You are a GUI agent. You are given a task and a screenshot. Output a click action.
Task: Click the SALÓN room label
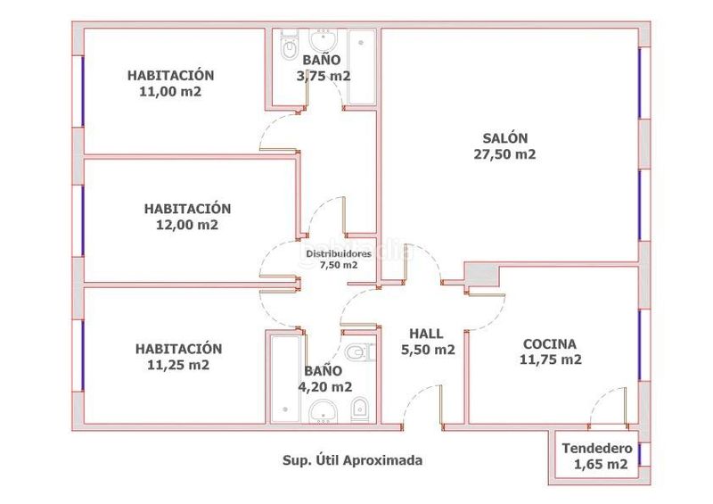[504, 137]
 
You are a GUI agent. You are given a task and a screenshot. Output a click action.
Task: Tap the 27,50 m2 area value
[504, 154]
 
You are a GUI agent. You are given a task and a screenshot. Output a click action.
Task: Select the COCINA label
[550, 343]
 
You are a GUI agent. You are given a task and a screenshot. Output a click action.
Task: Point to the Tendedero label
[597, 449]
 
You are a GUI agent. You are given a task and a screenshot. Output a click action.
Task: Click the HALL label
[426, 334]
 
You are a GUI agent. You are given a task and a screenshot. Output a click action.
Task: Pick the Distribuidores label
[339, 253]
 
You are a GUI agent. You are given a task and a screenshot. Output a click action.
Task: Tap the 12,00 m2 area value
[187, 225]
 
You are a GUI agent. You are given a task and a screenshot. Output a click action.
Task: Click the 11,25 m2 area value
[178, 365]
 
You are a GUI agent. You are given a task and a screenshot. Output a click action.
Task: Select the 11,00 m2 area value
[170, 92]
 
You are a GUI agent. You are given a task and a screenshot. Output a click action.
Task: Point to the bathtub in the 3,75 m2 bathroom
[362, 67]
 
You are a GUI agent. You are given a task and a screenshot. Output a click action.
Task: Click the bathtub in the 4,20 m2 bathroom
[285, 379]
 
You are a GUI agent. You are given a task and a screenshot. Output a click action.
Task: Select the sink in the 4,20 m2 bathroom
[324, 411]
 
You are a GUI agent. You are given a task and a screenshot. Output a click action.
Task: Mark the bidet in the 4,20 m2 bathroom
[360, 409]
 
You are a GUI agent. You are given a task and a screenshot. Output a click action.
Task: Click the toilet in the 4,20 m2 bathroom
[360, 352]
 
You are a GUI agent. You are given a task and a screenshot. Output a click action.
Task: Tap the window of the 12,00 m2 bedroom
[83, 221]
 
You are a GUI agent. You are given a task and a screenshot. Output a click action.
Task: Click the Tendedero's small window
[640, 453]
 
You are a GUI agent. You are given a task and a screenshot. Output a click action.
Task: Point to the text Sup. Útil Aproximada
[352, 460]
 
